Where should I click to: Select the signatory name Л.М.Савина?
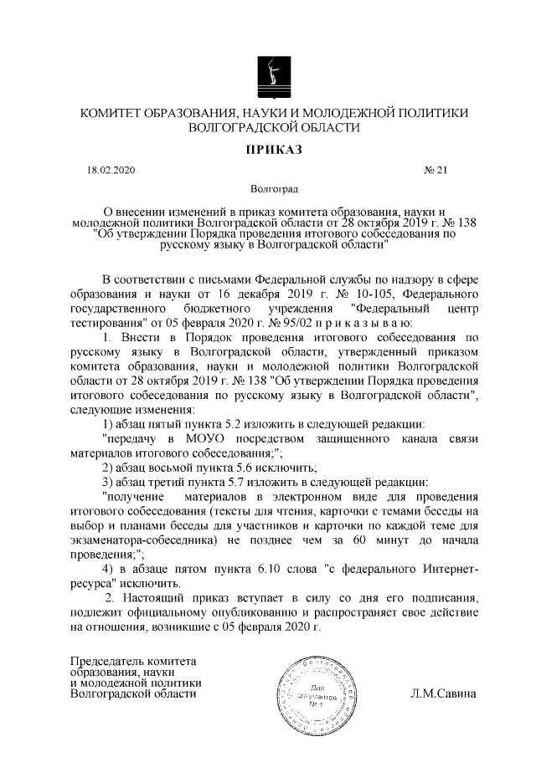tap(443, 693)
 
